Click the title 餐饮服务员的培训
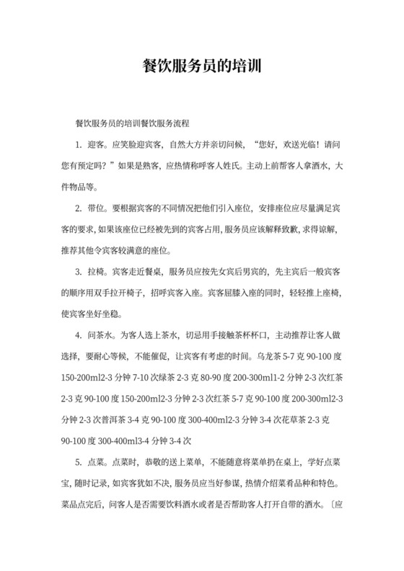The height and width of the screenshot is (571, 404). point(201,66)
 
